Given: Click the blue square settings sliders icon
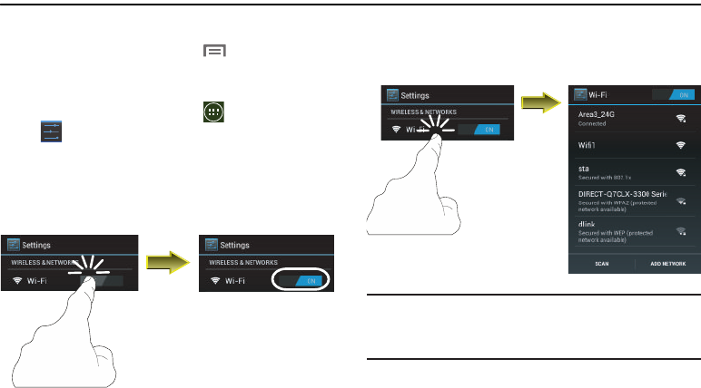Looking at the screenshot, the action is tap(50, 133).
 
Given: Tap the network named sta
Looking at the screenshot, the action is tap(585, 168).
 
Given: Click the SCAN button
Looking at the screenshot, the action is tap(601, 265).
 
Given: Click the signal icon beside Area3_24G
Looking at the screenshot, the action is tap(679, 118).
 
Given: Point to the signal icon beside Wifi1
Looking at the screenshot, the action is tap(679, 145).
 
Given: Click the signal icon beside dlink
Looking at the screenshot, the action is tap(679, 232).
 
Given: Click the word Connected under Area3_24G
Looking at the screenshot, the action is tap(592, 123).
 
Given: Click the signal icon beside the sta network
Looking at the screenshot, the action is tap(679, 172).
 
